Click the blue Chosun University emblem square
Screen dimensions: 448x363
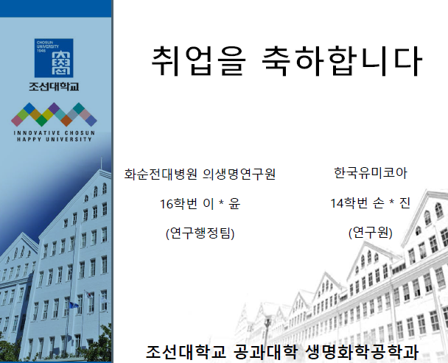(x=54, y=58)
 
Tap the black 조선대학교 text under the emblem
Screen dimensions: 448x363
(x=54, y=86)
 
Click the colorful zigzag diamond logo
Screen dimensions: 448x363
(x=54, y=115)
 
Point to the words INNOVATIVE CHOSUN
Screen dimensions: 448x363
(x=54, y=133)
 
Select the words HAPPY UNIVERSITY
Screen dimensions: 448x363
(x=54, y=139)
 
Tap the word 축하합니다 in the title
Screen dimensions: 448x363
(x=342, y=61)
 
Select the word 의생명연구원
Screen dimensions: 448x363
(x=239, y=174)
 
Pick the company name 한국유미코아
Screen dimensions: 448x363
(x=371, y=173)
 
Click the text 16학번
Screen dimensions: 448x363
(x=178, y=204)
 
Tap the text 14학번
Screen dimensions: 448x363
(x=349, y=203)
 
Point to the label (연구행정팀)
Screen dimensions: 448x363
(x=200, y=233)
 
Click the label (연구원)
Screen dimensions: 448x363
(x=371, y=233)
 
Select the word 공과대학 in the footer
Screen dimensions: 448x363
(x=265, y=351)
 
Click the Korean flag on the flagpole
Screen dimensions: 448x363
(x=91, y=295)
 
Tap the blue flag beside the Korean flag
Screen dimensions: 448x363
(x=74, y=305)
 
